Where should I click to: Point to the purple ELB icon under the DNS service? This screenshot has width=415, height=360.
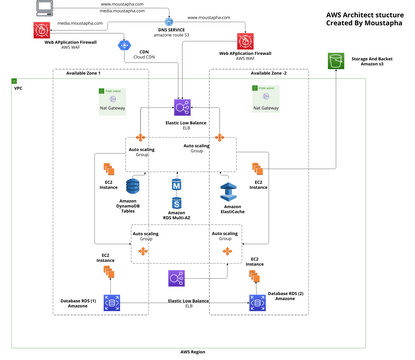[x=182, y=106]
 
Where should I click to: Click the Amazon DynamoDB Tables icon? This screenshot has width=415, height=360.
[x=119, y=185]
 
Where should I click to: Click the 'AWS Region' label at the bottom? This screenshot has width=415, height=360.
[x=194, y=353]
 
